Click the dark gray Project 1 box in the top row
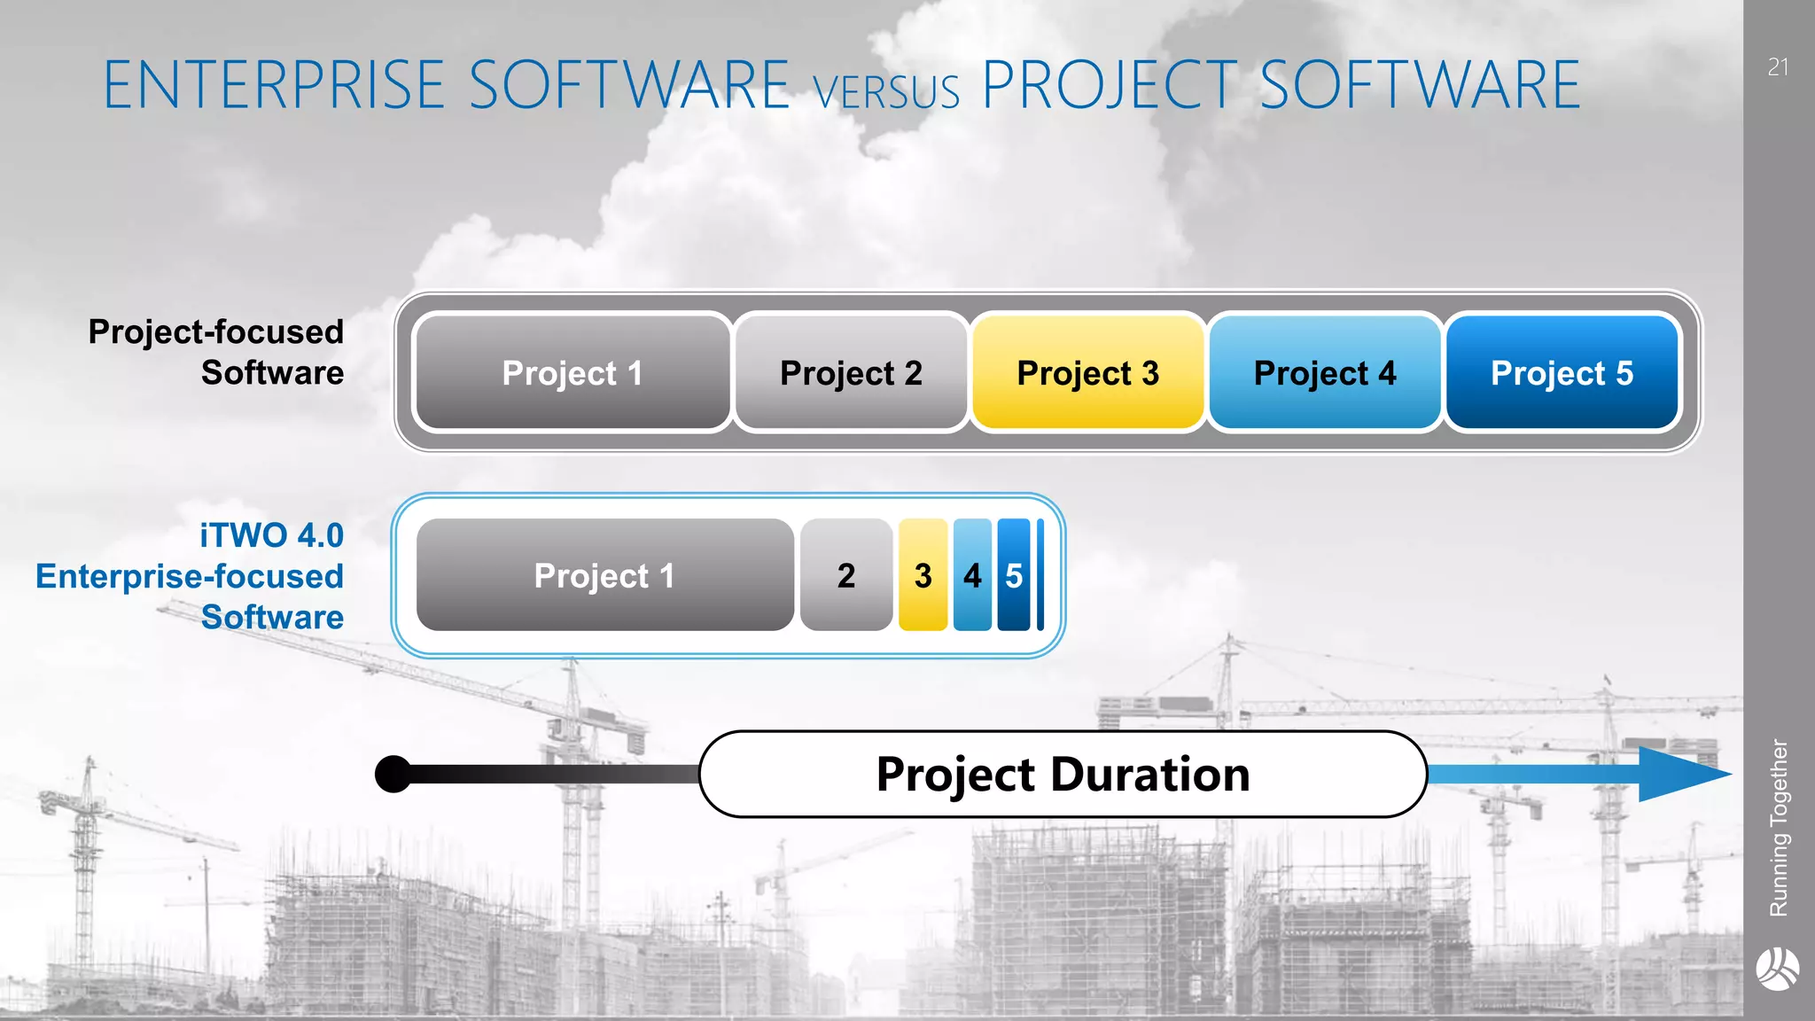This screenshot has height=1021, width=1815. coord(573,373)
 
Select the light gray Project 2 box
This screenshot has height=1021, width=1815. coord(851,373)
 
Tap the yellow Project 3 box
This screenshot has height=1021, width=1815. coord(1087,373)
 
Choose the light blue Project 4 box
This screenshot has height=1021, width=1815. coord(1324,373)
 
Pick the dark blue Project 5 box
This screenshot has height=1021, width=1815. coord(1562,373)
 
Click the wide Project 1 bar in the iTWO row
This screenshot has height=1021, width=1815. coord(604,575)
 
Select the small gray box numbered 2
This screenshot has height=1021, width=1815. coord(846,575)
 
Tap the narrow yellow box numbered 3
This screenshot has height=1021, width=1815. coord(923,575)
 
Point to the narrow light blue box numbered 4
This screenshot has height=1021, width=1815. coord(972,575)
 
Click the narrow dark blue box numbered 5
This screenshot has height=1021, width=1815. coord(1014,575)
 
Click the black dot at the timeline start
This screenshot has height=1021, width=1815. coord(393,774)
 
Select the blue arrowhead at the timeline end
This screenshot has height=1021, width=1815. coord(1679,774)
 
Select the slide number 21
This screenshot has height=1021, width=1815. coord(1778,67)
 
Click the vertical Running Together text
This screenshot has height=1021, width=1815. coord(1779,827)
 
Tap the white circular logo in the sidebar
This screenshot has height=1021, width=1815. coord(1778,969)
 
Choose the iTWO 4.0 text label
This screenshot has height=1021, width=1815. coord(271,535)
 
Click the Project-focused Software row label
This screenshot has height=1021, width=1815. coord(216,352)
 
